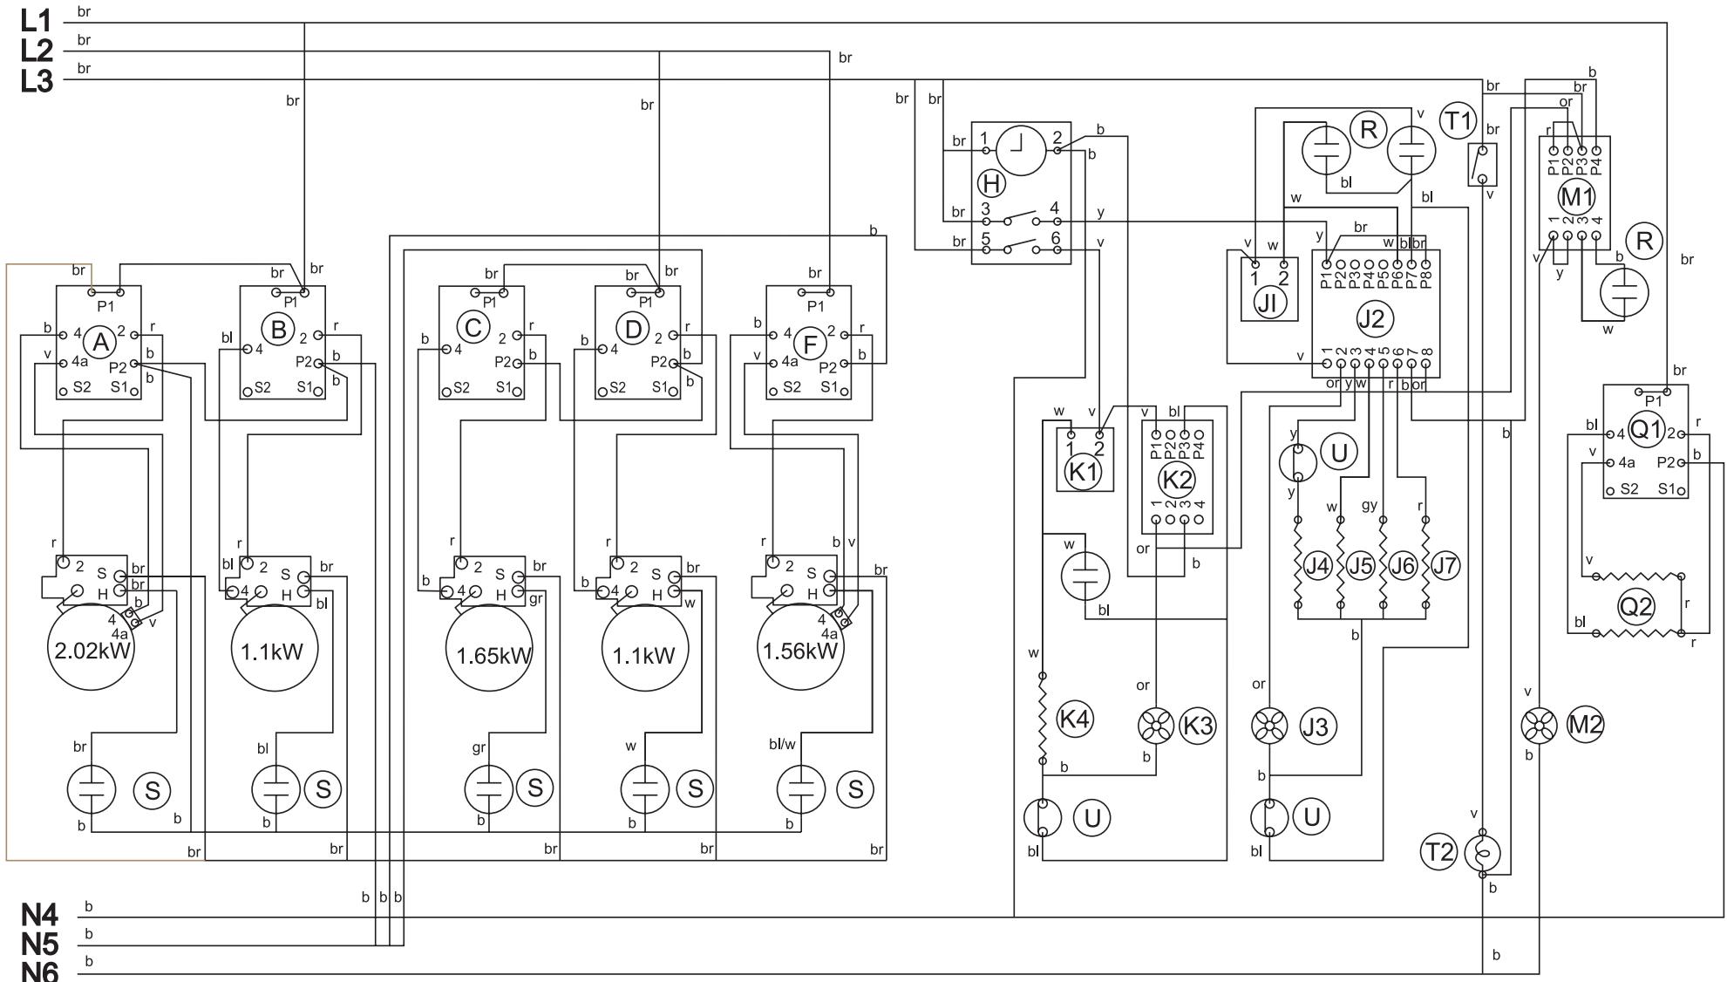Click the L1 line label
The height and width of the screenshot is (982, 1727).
pyautogui.click(x=37, y=21)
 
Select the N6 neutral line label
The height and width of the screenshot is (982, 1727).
pyautogui.click(x=40, y=970)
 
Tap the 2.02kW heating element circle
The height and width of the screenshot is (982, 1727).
pyautogui.click(x=92, y=650)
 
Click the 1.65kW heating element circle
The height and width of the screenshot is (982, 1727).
pyautogui.click(x=488, y=654)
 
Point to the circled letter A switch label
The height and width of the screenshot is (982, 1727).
pyautogui.click(x=101, y=343)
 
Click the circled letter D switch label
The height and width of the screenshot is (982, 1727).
pyautogui.click(x=632, y=328)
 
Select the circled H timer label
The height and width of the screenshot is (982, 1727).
pyautogui.click(x=991, y=183)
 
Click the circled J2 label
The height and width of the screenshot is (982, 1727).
pyautogui.click(x=1370, y=318)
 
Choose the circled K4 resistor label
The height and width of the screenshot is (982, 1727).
pyautogui.click(x=1074, y=719)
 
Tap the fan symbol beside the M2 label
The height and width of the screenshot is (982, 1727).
pyautogui.click(x=1539, y=725)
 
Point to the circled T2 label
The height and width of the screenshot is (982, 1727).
pyautogui.click(x=1438, y=852)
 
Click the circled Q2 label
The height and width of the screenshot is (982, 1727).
pyautogui.click(x=1635, y=605)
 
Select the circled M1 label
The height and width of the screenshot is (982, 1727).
pyautogui.click(x=1575, y=197)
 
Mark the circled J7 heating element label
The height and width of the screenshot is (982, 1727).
pyautogui.click(x=1445, y=566)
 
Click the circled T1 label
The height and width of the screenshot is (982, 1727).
pyautogui.click(x=1458, y=121)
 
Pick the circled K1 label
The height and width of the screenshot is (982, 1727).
pyautogui.click(x=1084, y=472)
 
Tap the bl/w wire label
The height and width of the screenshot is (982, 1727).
pyautogui.click(x=782, y=744)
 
